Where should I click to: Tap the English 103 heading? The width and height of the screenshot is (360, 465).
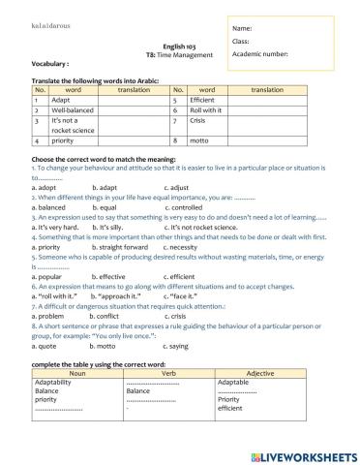[179, 46]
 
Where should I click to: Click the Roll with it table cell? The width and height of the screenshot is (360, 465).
[205, 111]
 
